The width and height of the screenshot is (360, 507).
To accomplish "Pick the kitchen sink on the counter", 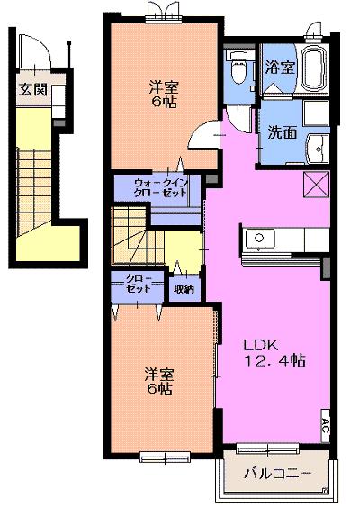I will [258, 240].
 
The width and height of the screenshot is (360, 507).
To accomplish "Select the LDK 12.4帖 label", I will [274, 351].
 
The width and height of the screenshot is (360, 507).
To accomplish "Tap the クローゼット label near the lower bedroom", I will [138, 284].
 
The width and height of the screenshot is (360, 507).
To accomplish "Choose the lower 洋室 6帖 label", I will [158, 381].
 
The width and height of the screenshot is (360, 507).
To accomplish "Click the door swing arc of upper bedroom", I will [205, 135].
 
